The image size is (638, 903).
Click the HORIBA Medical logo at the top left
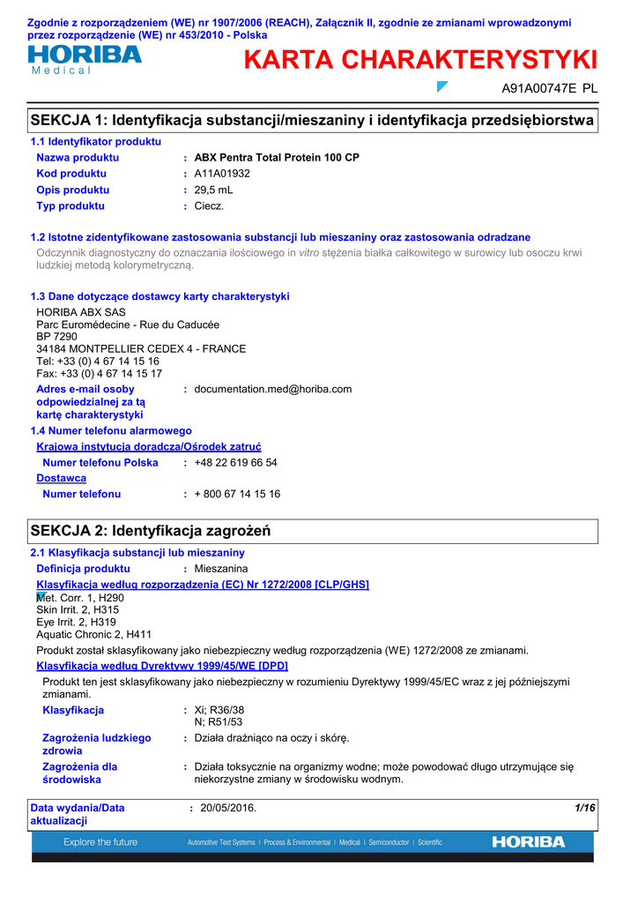coord(85,58)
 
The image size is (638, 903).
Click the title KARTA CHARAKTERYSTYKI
coord(420,60)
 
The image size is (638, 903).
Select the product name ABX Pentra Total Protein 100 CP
coord(277,158)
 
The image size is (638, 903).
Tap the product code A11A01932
coord(222,174)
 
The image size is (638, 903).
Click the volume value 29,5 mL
coord(214,190)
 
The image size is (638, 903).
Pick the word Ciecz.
coord(209,205)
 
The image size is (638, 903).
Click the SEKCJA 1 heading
coord(312,120)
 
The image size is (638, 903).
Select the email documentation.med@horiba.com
coord(272,389)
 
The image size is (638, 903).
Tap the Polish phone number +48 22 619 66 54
coord(235,463)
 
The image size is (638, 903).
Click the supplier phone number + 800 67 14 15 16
coord(237,495)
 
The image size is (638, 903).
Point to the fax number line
coord(99,374)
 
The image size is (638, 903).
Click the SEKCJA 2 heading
coord(151,531)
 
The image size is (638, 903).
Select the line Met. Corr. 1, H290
coord(80,598)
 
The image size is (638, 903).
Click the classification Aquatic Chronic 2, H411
coord(93,634)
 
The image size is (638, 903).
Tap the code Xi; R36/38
coord(219,710)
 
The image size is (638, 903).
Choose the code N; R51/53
coord(218,722)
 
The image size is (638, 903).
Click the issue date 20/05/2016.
coord(228,808)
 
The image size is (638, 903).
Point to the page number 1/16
coord(584,808)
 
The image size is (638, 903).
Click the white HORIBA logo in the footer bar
coord(529,842)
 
